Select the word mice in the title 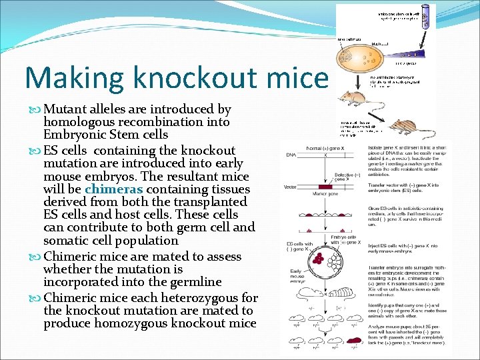pyautogui.click(x=303, y=77)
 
